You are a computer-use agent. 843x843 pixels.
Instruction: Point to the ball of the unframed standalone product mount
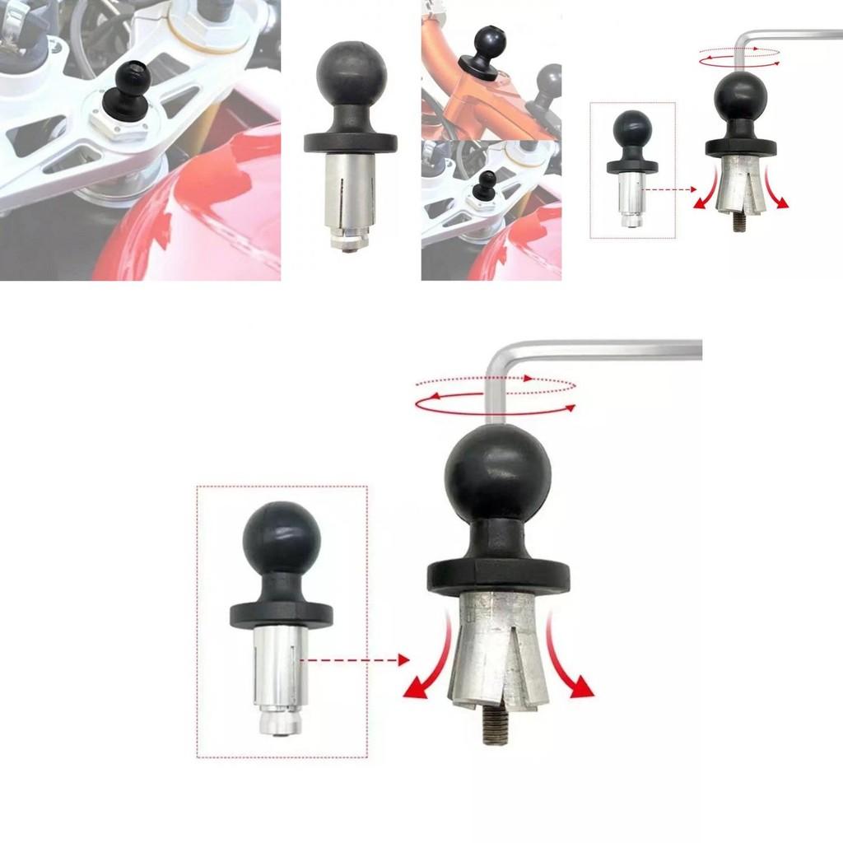pyautogui.click(x=351, y=74)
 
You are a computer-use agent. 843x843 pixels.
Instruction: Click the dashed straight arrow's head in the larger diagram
pyautogui.click(x=403, y=659)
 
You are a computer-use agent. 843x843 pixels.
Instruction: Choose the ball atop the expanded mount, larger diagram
pyautogui.click(x=497, y=473)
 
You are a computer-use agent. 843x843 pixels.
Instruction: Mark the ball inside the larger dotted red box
pyautogui.click(x=281, y=538)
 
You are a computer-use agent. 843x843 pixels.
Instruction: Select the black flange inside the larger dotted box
pyautogui.click(x=281, y=614)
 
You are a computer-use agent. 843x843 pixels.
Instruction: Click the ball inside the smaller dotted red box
pyautogui.click(x=632, y=129)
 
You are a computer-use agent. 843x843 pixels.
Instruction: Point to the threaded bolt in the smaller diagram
pyautogui.click(x=738, y=222)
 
